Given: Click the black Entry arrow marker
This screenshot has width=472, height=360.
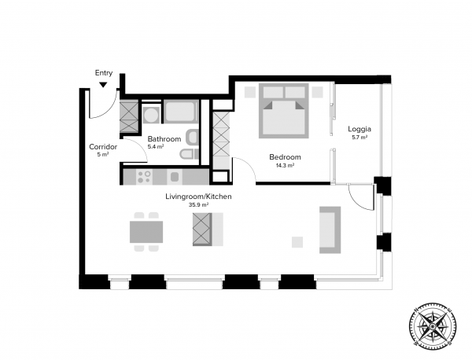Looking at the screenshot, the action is (x=103, y=85).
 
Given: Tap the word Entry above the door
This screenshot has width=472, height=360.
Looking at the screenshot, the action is (x=104, y=73).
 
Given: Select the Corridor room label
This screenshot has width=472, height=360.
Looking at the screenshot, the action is (x=103, y=147).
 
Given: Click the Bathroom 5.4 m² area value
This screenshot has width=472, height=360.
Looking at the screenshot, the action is (x=156, y=147).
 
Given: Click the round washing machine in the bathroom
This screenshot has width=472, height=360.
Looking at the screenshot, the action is (x=151, y=115).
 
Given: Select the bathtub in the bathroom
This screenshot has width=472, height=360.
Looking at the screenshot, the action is (x=181, y=112).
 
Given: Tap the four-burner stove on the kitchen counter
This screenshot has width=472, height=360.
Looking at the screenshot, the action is (x=144, y=177).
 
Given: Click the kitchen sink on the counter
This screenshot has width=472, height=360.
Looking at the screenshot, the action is (x=175, y=177).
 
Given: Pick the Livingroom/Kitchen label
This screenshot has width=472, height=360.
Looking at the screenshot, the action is (x=198, y=197).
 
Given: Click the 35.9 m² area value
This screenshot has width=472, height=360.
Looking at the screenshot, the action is (x=199, y=205).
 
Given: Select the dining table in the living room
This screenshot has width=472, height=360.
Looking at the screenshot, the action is (x=146, y=232).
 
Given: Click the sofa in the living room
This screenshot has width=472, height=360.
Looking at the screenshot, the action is (x=330, y=230).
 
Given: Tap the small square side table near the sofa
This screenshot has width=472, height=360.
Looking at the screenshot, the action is (x=297, y=242).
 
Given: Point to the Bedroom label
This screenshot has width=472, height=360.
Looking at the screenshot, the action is (x=285, y=157).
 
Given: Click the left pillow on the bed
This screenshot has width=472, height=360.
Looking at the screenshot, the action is (x=273, y=92).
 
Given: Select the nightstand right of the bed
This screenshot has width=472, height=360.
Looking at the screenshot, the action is (x=317, y=92).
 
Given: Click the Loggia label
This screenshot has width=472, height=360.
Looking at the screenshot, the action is (x=360, y=129).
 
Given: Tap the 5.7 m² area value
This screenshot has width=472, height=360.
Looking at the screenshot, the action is (x=360, y=138).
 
